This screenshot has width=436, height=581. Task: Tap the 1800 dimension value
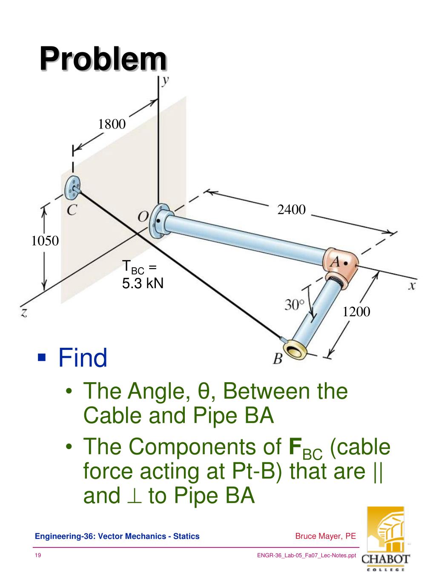click(x=112, y=124)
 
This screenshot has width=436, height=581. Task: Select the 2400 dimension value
click(x=292, y=209)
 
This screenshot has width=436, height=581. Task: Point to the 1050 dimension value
click(x=45, y=241)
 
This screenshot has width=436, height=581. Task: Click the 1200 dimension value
click(x=356, y=312)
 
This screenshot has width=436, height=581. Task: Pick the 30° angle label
click(x=295, y=305)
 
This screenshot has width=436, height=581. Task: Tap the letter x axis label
click(x=411, y=286)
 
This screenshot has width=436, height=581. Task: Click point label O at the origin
click(x=143, y=217)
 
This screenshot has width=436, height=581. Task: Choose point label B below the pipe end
click(x=278, y=360)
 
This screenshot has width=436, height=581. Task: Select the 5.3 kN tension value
click(x=143, y=283)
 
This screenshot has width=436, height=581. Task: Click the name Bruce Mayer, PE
click(x=325, y=536)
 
